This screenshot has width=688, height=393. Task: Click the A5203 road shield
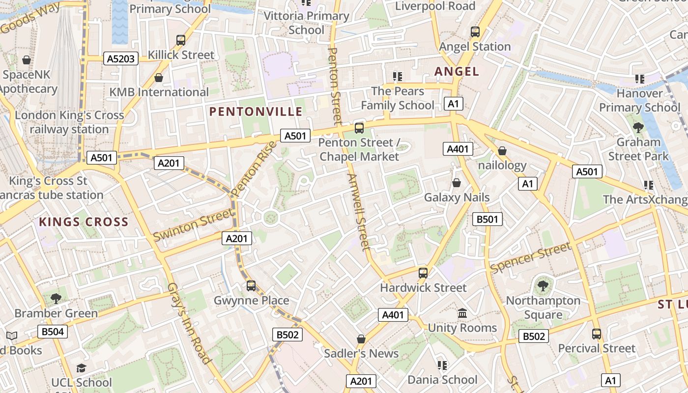(x=121, y=59)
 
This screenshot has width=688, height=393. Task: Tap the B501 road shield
(x=487, y=219)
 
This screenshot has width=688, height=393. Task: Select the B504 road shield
(x=53, y=332)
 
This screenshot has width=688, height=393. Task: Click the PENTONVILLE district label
(x=256, y=112)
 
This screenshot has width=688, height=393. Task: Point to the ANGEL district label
(x=457, y=72)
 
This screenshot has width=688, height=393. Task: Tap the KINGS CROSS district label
(x=84, y=222)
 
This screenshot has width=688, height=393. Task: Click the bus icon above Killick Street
(x=181, y=40)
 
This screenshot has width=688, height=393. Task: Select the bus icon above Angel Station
(x=475, y=32)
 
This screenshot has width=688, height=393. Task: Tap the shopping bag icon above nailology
(x=502, y=151)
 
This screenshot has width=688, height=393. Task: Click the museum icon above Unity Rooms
(x=462, y=313)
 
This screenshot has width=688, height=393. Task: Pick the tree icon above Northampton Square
(x=543, y=286)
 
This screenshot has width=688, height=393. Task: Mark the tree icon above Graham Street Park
(x=638, y=128)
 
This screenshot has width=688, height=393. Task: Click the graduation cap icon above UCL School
(x=82, y=368)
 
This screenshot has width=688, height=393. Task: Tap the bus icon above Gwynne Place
(x=251, y=285)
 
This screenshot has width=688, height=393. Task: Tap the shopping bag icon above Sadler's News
(x=361, y=339)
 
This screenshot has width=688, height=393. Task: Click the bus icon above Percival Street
(x=597, y=334)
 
